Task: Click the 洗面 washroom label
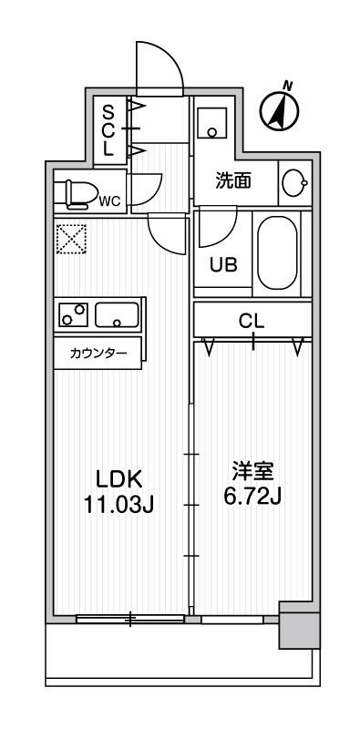coord(232,180)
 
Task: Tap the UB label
coord(223,265)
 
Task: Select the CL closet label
coord(252,321)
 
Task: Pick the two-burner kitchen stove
coord(73,315)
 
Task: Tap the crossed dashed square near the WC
coord(70,239)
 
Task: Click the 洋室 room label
coord(252,473)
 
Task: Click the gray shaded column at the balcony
coord(298,629)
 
